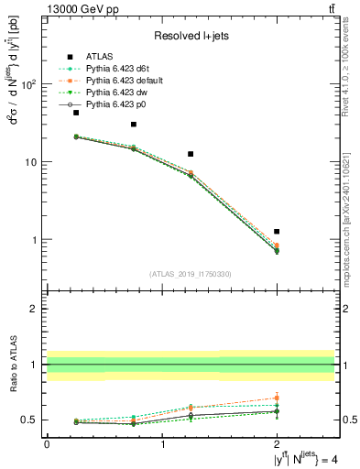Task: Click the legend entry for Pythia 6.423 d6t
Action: click(x=115, y=68)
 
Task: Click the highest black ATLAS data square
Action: click(x=76, y=113)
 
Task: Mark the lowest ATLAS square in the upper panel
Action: click(x=277, y=232)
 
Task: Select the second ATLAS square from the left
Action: click(x=134, y=125)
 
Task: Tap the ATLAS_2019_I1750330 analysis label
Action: click(x=191, y=273)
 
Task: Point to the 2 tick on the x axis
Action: click(x=277, y=444)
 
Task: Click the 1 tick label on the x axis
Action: click(x=162, y=444)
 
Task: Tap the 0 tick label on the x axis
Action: click(x=47, y=444)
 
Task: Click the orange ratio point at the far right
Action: click(x=277, y=398)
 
